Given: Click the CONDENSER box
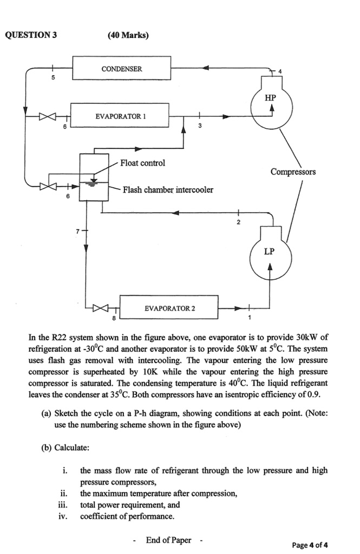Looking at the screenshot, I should point(122,69).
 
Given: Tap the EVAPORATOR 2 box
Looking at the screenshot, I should point(168,308).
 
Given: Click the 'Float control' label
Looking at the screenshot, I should point(143,163).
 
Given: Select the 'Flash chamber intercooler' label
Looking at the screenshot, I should point(168,189).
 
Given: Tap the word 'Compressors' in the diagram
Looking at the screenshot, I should point(293,172).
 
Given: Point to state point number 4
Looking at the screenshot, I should point(280,72).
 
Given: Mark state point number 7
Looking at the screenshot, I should point(77,232).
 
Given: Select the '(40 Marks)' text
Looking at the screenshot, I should point(128,36).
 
